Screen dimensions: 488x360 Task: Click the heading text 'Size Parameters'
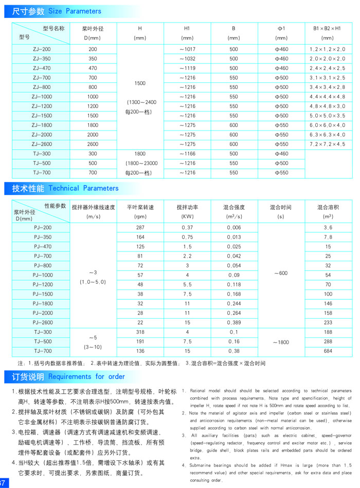75,11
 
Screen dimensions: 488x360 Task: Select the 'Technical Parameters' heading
83,188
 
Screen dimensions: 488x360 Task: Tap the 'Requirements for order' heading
86,376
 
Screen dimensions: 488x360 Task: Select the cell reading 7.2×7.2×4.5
327,144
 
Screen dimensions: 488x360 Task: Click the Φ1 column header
281,33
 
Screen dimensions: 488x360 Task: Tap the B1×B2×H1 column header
327,33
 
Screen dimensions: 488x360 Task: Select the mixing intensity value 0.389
233,322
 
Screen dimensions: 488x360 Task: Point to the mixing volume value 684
328,351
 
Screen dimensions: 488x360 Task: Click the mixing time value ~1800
281,341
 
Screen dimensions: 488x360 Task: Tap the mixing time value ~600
281,273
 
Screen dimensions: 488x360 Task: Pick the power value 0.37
187,227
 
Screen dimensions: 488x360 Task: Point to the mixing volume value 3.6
328,227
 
